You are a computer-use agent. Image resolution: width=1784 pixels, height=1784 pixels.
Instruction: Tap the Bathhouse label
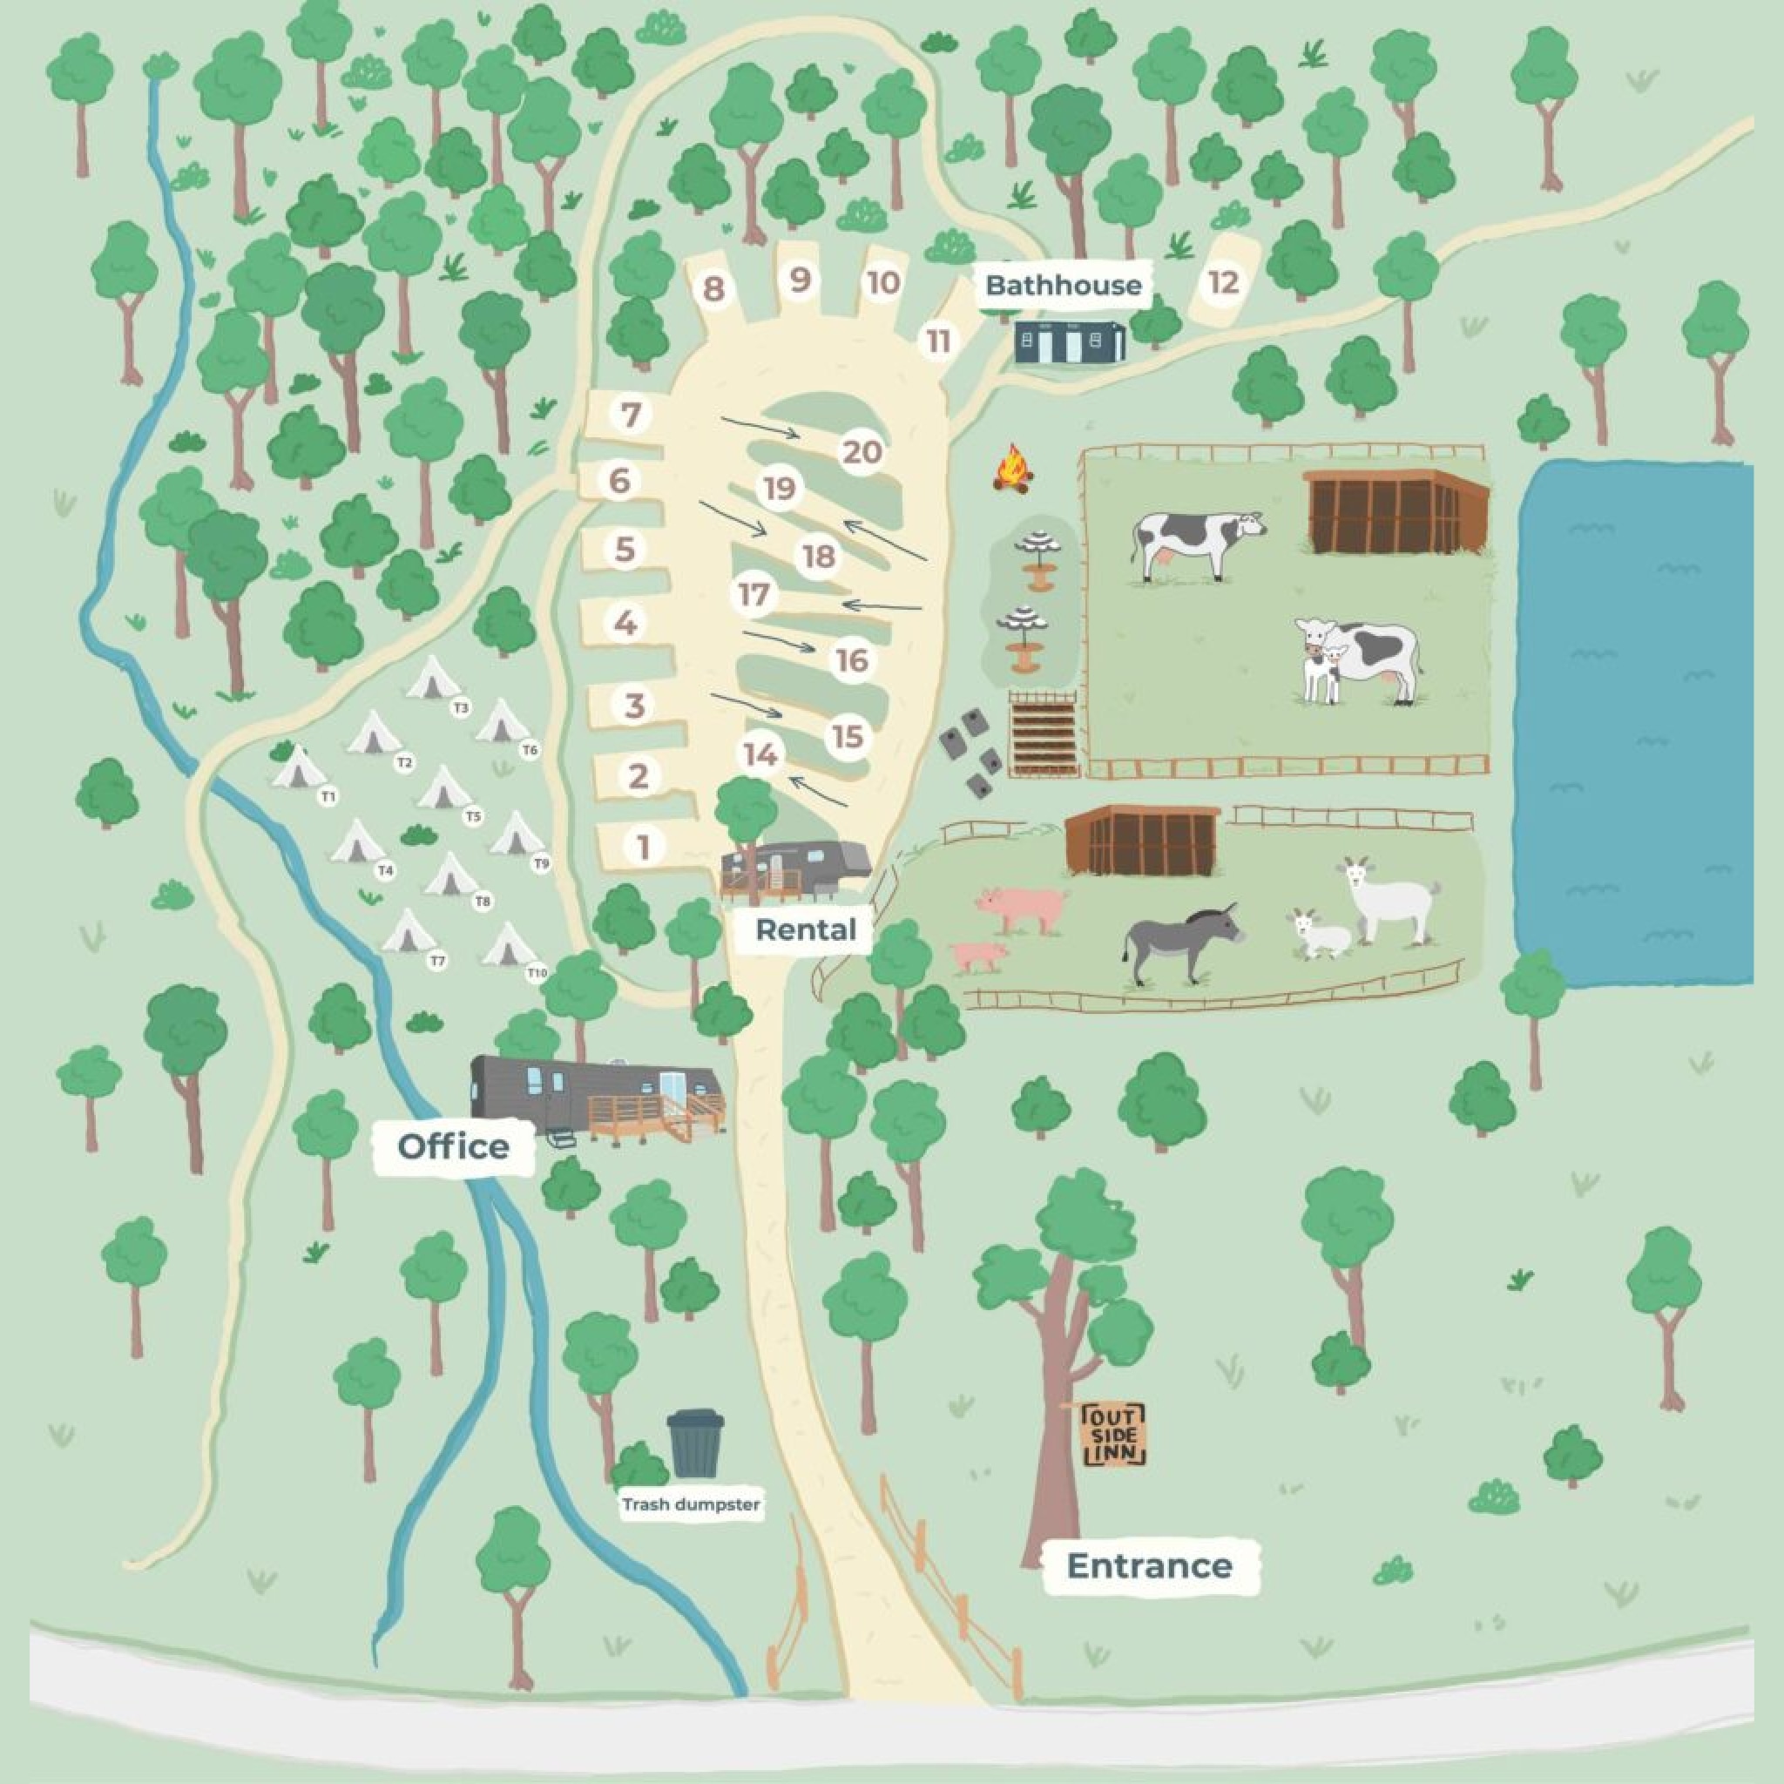tap(1063, 286)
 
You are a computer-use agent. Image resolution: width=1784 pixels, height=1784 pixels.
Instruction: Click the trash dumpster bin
tap(695, 1443)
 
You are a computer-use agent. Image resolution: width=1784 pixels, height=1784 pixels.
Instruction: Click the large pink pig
tap(1024, 907)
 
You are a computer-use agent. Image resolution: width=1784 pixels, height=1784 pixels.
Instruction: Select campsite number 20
tap(862, 452)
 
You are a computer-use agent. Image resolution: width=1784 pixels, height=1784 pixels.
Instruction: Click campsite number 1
tap(644, 847)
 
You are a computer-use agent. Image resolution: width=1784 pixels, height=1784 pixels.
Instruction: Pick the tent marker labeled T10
tap(537, 973)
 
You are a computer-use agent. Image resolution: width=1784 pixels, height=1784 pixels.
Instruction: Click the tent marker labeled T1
tap(328, 795)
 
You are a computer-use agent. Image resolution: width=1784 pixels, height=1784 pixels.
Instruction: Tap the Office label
tap(453, 1147)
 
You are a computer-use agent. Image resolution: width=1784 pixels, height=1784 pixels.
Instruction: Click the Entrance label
tap(1150, 1566)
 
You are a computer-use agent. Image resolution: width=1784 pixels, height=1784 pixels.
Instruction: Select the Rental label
tap(805, 929)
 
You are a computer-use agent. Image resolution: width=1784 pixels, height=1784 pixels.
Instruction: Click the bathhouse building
tap(1071, 342)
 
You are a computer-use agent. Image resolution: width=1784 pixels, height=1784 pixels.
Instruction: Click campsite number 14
tap(760, 754)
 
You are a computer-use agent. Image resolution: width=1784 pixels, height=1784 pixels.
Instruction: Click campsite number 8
tap(713, 289)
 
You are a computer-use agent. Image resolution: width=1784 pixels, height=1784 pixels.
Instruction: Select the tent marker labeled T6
tap(530, 751)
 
